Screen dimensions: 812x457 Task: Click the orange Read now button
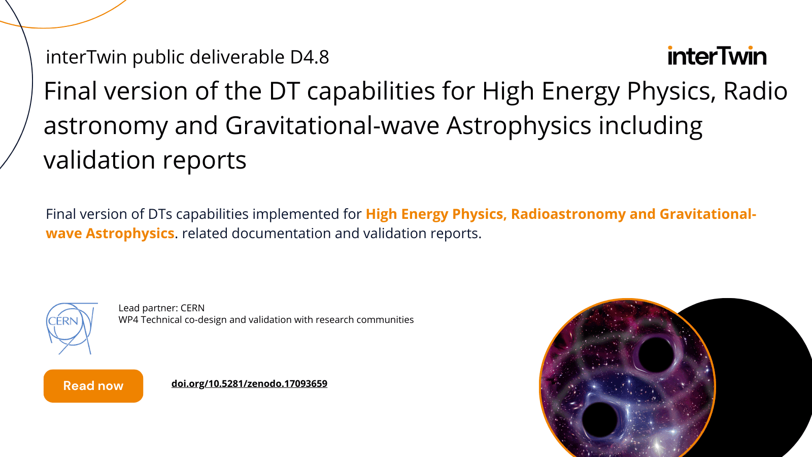pyautogui.click(x=93, y=386)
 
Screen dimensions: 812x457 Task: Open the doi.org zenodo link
pyautogui.click(x=249, y=384)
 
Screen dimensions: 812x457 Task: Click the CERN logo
pyautogui.click(x=72, y=328)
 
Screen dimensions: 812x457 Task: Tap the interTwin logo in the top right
pyautogui.click(x=717, y=56)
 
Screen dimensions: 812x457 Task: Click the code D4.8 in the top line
pyautogui.click(x=310, y=57)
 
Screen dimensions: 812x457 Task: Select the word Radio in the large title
pyautogui.click(x=756, y=91)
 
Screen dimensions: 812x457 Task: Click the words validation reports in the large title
pyautogui.click(x=145, y=160)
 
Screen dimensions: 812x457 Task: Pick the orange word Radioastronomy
pyautogui.click(x=568, y=214)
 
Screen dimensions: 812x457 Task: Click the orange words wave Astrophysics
pyautogui.click(x=110, y=233)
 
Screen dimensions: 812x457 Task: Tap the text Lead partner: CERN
pyautogui.click(x=161, y=308)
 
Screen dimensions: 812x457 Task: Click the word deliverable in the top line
pyautogui.click(x=236, y=57)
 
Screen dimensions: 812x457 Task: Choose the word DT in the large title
pyautogui.click(x=284, y=91)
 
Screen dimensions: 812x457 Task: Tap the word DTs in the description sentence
pyautogui.click(x=160, y=214)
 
